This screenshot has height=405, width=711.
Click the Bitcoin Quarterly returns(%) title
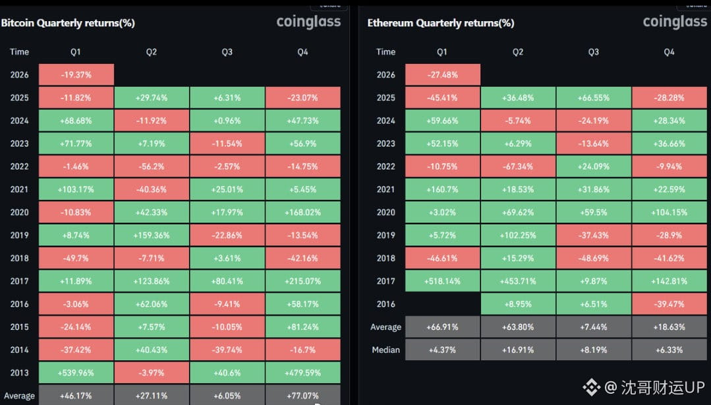click(x=68, y=23)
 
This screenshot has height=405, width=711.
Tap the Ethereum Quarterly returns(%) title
click(x=441, y=23)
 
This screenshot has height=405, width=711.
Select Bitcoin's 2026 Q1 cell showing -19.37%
click(x=76, y=75)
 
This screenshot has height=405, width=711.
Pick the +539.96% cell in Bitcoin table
click(x=76, y=373)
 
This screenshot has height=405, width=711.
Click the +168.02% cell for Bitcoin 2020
click(x=302, y=212)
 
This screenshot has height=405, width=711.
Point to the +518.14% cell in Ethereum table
click(x=442, y=282)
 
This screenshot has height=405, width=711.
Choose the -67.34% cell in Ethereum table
click(x=518, y=166)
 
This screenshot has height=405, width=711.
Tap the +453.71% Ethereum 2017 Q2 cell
click(x=518, y=282)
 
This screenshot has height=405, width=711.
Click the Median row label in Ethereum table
click(x=386, y=350)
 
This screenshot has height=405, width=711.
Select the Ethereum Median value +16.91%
click(x=518, y=350)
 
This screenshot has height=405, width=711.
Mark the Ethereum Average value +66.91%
click(x=442, y=327)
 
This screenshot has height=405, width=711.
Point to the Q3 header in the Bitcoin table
click(x=227, y=52)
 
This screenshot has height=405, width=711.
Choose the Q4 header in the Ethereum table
click(x=669, y=52)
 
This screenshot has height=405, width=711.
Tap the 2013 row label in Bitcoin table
click(x=20, y=373)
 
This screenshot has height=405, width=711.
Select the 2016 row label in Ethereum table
click(x=386, y=305)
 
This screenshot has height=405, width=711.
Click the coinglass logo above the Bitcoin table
click(x=308, y=22)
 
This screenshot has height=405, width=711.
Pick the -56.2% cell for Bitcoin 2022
click(x=152, y=166)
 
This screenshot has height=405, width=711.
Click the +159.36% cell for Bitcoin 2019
click(x=152, y=235)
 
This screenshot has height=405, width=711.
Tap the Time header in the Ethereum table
click(x=386, y=52)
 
